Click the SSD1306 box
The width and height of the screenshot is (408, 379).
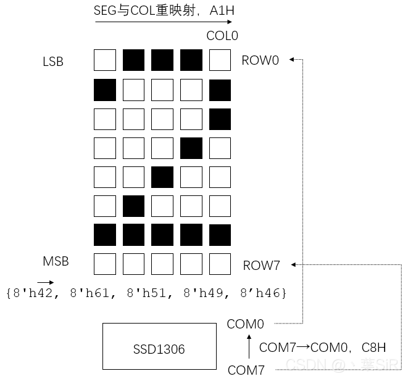[159, 349]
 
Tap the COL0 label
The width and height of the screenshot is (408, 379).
[222, 36]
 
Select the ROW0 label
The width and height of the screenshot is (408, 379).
[260, 60]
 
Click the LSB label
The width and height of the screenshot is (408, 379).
[53, 62]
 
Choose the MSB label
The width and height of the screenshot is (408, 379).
[56, 261]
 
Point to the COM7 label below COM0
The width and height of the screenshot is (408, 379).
[246, 370]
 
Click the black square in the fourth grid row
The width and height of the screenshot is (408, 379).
[191, 149]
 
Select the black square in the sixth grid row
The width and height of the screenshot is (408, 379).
[134, 206]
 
